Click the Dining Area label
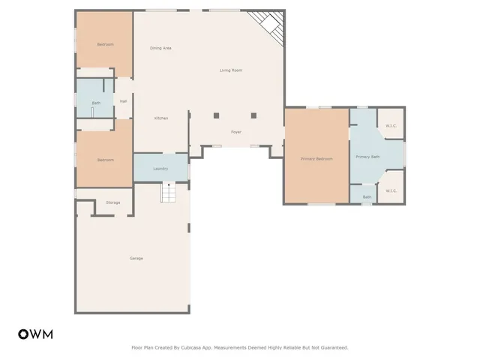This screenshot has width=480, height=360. click(160, 48)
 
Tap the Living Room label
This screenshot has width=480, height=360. click(230, 70)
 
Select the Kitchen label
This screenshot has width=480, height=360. click(160, 118)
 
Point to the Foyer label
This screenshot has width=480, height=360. click(235, 132)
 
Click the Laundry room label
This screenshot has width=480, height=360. click(160, 169)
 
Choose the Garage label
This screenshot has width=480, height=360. click(136, 258)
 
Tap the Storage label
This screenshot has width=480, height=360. click(112, 202)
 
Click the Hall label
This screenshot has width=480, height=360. click(123, 101)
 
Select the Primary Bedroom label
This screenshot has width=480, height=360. click(316, 159)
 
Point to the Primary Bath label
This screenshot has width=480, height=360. click(367, 157)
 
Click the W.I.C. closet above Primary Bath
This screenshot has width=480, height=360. click(391, 125)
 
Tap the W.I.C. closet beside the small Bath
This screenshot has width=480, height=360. click(391, 190)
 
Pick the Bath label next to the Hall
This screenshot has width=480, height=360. click(96, 103)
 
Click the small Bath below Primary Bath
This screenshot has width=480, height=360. click(367, 197)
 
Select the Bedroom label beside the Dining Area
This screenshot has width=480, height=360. click(105, 44)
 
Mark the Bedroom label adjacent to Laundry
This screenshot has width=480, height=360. click(105, 160)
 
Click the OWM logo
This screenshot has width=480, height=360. click(35, 334)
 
